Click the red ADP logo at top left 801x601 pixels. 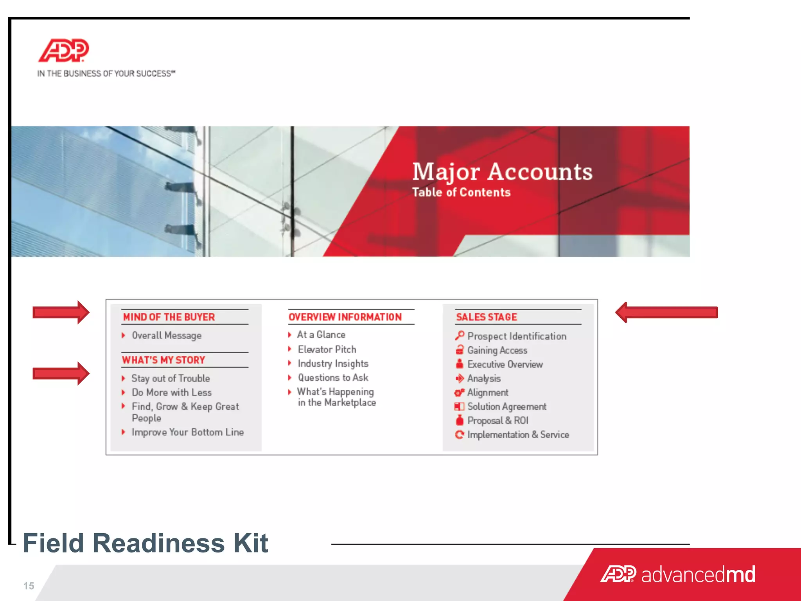click(64, 50)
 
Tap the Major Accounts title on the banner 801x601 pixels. click(502, 172)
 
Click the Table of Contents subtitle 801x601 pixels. click(461, 192)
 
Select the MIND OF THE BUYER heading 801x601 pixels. click(169, 317)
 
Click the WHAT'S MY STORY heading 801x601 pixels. click(163, 360)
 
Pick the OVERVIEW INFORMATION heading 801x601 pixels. click(345, 317)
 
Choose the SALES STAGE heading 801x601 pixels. click(487, 317)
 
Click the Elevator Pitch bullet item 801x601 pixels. click(327, 349)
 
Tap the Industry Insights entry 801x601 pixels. click(333, 363)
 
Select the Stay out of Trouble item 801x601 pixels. click(171, 378)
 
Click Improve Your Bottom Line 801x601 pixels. click(188, 432)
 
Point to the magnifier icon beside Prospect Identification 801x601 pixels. click(460, 336)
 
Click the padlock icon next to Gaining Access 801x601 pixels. click(460, 350)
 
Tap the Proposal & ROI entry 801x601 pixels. click(497, 421)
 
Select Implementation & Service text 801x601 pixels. click(518, 435)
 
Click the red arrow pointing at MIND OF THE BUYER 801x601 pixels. click(61, 312)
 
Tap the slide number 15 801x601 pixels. click(29, 586)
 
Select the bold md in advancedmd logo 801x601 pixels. click(740, 574)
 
